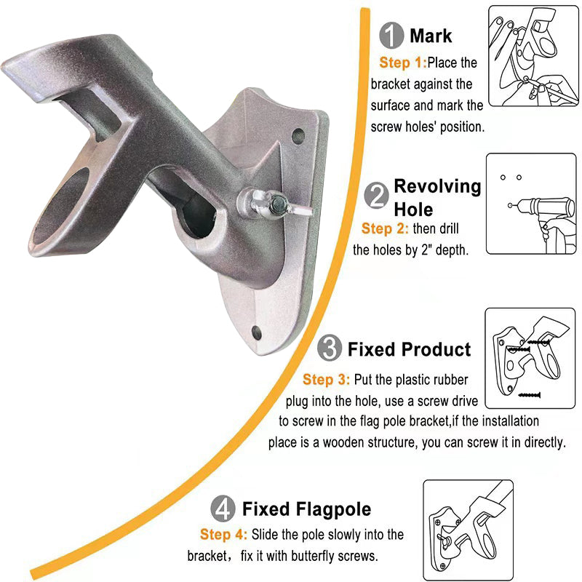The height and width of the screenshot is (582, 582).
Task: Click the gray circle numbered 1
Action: tap(391, 35)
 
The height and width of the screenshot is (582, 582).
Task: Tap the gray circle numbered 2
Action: tap(376, 195)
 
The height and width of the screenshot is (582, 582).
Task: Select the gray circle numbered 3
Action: tap(330, 348)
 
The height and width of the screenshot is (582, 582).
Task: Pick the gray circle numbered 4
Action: tap(223, 509)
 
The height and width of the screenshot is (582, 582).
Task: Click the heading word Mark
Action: tap(431, 36)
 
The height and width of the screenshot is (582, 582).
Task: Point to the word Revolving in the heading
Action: tap(437, 186)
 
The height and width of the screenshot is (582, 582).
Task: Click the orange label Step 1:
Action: tap(403, 63)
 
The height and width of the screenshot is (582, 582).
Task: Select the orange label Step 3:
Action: tap(326, 379)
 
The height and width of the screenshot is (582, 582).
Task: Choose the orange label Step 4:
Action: tap(223, 535)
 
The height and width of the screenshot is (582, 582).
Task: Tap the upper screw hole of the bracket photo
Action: tap(298, 136)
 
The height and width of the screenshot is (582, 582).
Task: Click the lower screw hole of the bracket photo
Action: tap(256, 332)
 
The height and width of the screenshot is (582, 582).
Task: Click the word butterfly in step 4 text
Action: tap(314, 556)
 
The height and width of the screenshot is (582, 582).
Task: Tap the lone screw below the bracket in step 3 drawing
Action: tap(529, 395)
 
